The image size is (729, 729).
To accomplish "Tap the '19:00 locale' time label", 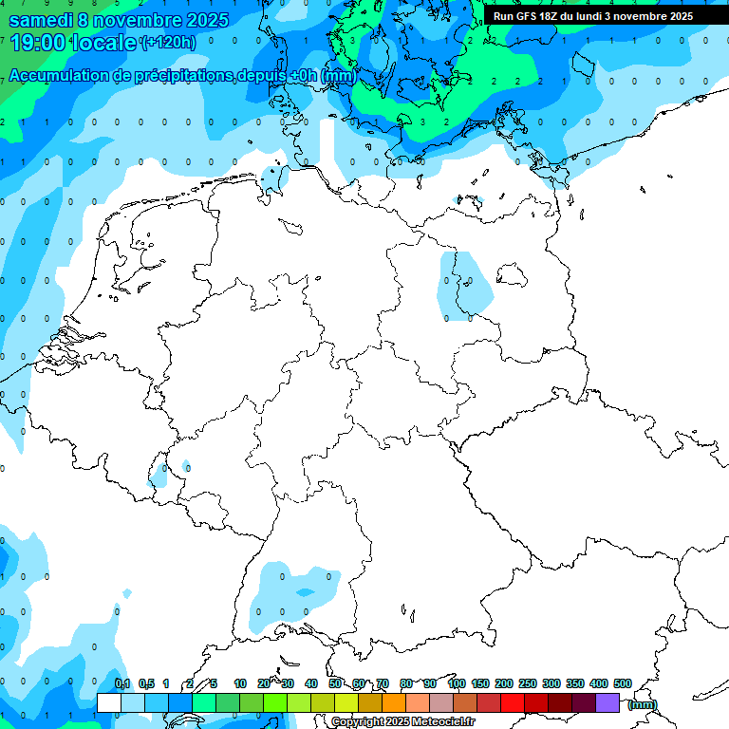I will coord(72,42).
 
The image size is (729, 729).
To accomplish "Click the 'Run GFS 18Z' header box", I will coord(593,16).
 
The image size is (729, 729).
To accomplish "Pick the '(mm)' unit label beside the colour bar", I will coord(642,704).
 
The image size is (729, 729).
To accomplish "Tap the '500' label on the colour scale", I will coord(623,683).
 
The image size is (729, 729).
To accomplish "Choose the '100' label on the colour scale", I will coord(456,683).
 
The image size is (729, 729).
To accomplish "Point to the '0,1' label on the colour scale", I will coord(122,683).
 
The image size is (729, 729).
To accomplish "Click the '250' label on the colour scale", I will coord(528,683).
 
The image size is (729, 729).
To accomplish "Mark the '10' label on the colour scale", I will coord(240,683).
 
